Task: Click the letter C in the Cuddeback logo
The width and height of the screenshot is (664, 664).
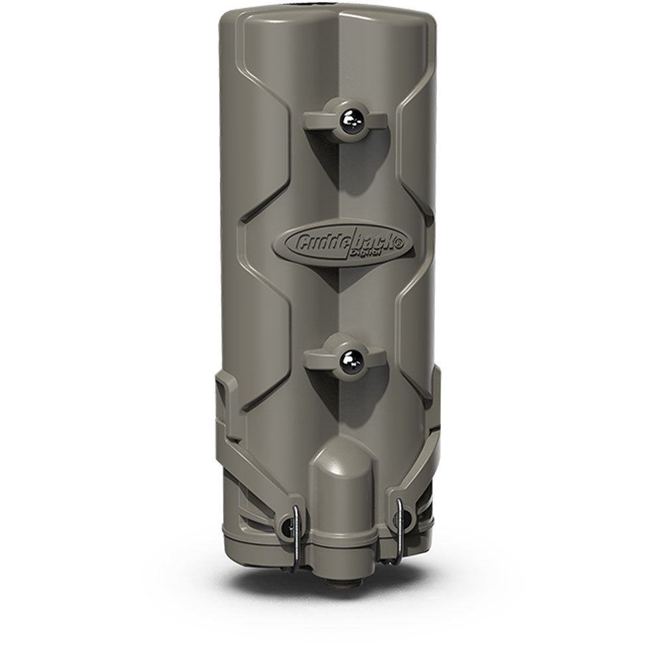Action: pyautogui.click(x=298, y=240)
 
